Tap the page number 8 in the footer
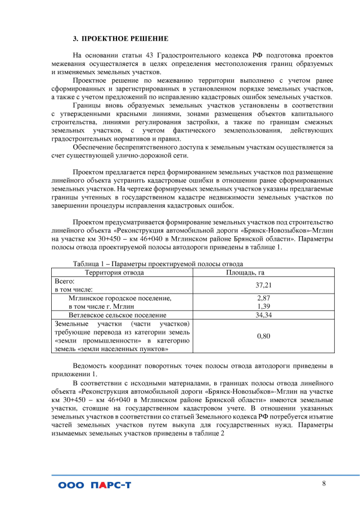[324, 484]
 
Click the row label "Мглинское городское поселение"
[119, 298]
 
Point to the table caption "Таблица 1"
[92, 264]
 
